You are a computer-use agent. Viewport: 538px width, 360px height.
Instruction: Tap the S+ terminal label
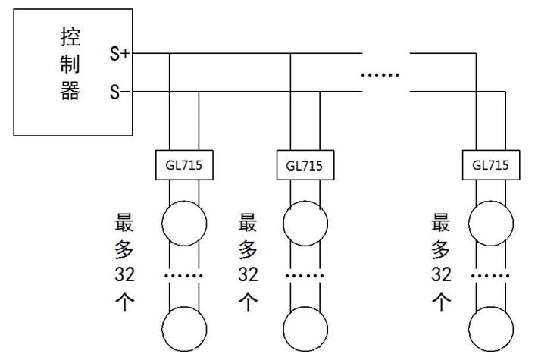[119, 54]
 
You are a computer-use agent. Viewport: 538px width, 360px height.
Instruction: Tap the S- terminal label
[119, 93]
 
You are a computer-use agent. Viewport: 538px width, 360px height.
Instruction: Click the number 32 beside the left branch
[124, 274]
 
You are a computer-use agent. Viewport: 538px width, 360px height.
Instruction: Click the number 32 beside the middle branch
[248, 274]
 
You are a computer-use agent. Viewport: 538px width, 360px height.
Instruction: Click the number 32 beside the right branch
[442, 274]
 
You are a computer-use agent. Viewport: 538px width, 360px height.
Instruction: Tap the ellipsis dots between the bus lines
[379, 75]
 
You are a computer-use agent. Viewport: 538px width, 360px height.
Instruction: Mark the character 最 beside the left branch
[124, 224]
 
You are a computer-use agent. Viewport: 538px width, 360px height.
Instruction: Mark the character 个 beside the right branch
[442, 301]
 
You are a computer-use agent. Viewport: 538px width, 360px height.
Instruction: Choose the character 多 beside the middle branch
[248, 249]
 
